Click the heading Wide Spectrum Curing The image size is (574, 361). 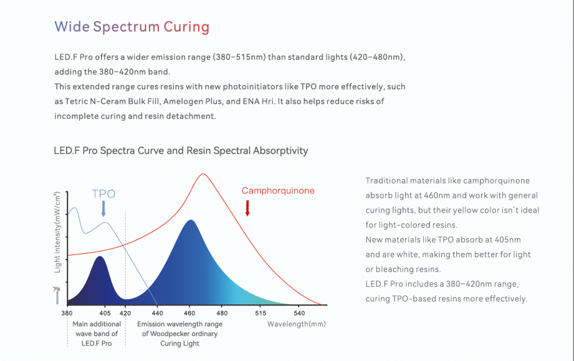[131, 27]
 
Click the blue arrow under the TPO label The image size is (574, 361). [103, 209]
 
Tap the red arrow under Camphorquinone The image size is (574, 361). [247, 207]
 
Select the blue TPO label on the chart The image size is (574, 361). [103, 194]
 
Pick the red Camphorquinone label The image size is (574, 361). [278, 191]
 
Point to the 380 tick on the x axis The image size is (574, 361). [67, 313]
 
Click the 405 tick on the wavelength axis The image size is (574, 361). [104, 313]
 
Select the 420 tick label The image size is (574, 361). [126, 313]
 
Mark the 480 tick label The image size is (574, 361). [222, 313]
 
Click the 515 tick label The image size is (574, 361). [261, 313]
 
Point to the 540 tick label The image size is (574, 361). [300, 313]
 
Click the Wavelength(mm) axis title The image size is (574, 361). [296, 324]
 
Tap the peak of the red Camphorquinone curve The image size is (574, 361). [202, 174]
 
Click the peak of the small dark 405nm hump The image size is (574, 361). [100, 257]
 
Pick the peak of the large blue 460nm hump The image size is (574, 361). [189, 220]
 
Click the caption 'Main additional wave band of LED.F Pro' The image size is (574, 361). [96, 333]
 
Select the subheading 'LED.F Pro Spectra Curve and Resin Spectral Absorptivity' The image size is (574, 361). [181, 151]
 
